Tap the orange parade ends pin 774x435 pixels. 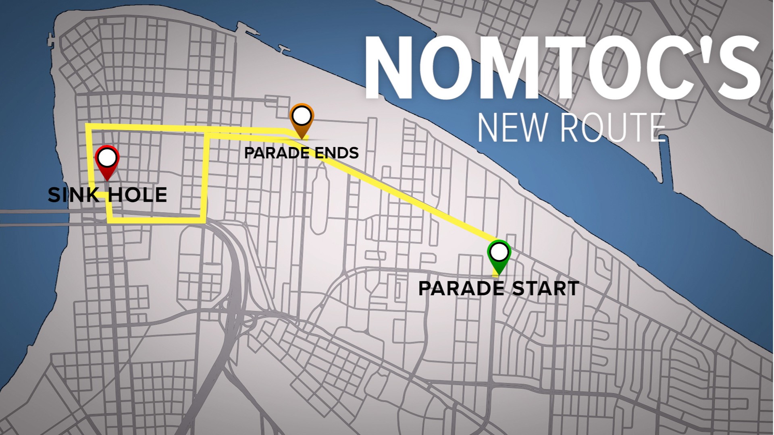pyautogui.click(x=302, y=121)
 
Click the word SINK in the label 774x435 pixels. pyautogui.click(x=73, y=195)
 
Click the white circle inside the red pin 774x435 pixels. pyautogui.click(x=107, y=157)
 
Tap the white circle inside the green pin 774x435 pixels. pyautogui.click(x=499, y=252)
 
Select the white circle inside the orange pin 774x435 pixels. pyautogui.click(x=302, y=116)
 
